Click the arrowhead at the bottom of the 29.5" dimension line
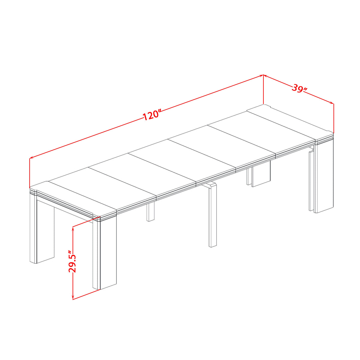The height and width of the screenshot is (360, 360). click(73, 297)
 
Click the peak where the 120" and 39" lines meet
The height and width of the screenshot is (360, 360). click(263, 75)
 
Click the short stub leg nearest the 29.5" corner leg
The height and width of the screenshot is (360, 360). click(151, 212)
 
